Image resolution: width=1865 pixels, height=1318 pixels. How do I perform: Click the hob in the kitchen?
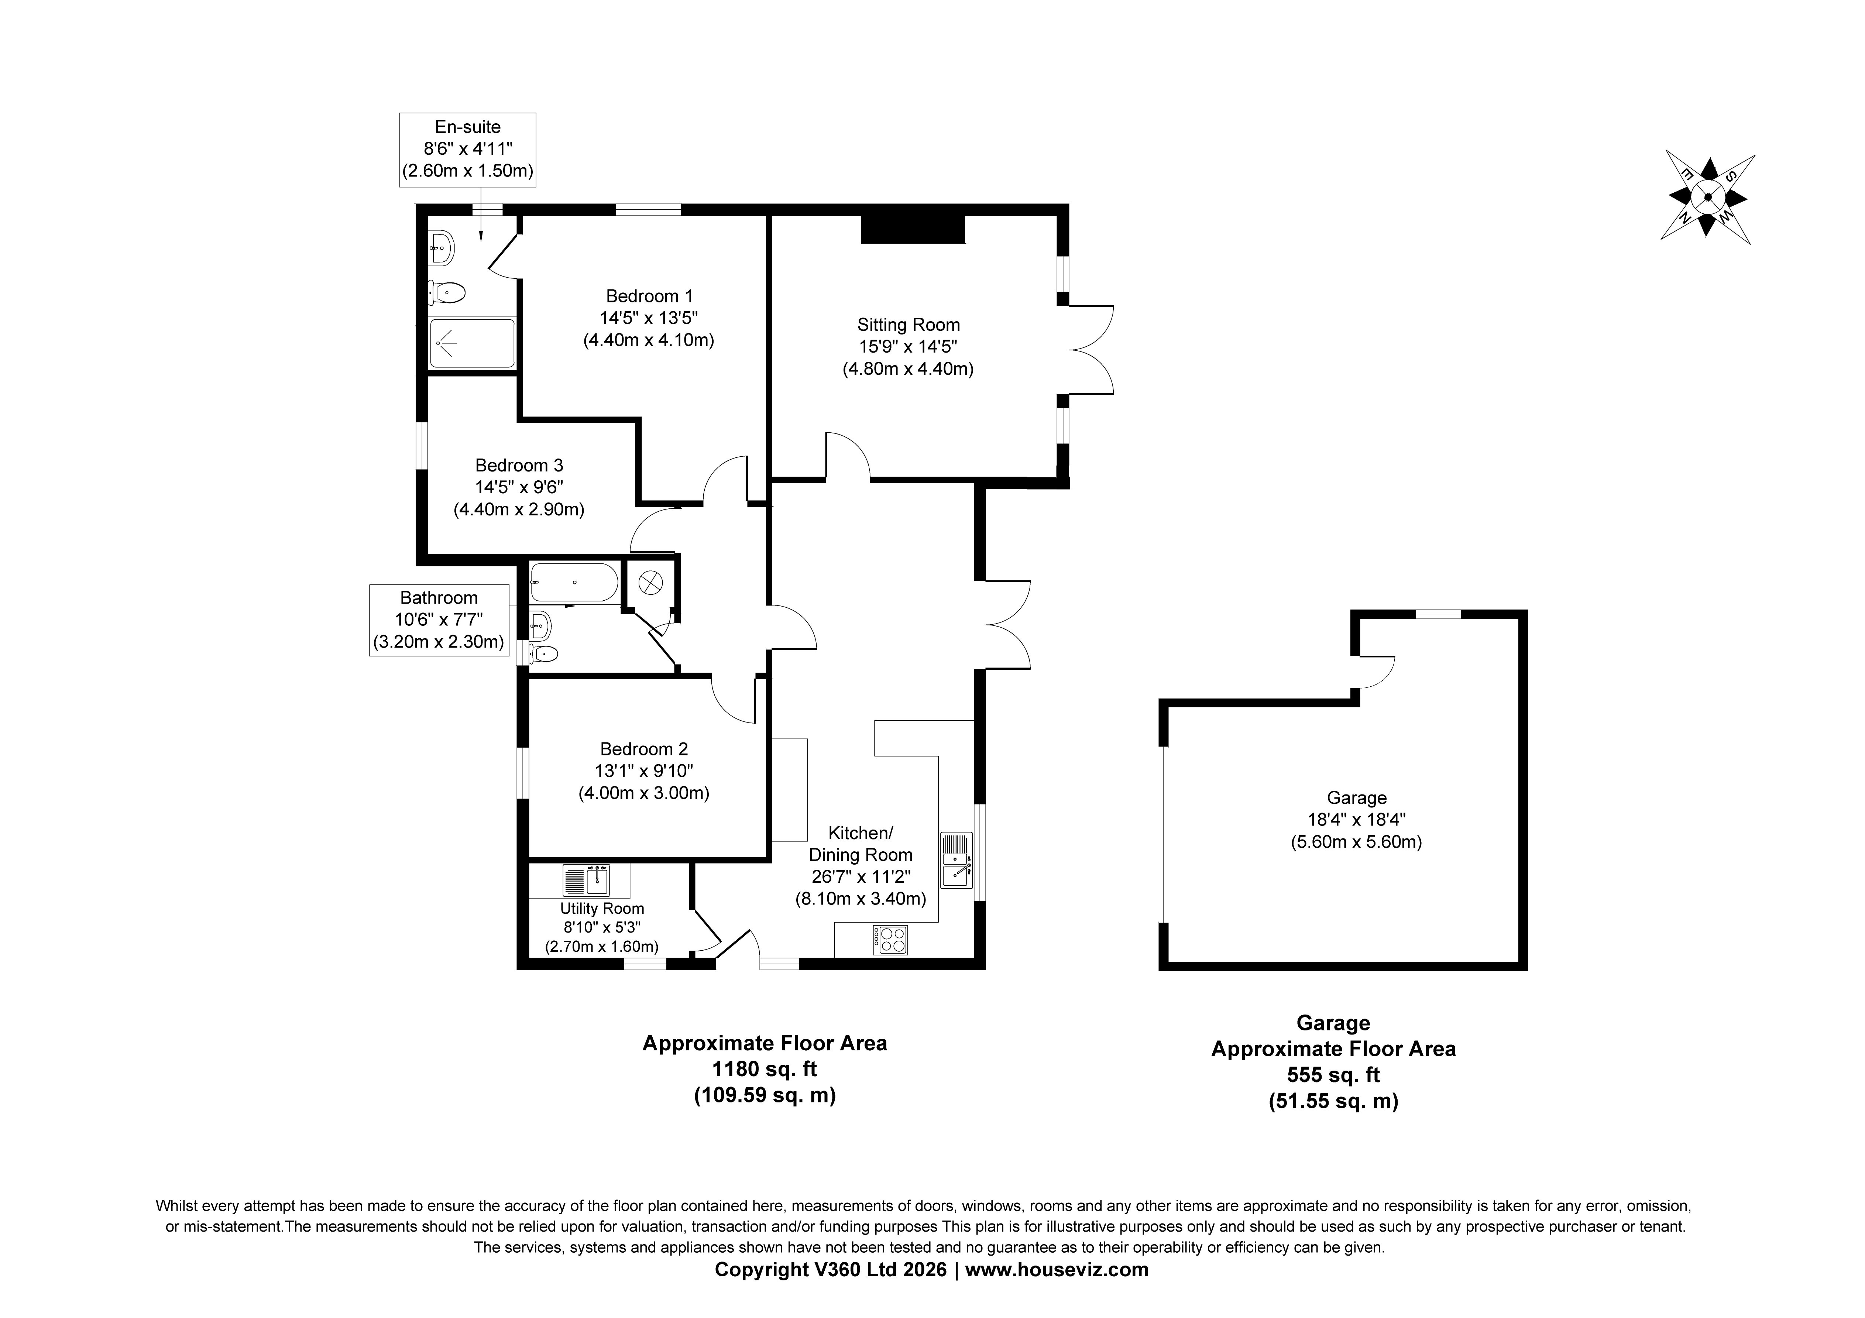point(890,940)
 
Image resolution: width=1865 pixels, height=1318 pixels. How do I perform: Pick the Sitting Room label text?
point(908,325)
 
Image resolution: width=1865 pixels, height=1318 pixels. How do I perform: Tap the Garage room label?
point(1356,798)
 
